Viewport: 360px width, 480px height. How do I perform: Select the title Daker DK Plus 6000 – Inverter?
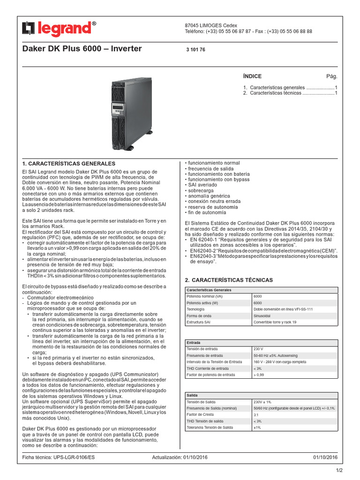[x=82, y=49]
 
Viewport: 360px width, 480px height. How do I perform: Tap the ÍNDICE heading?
[x=252, y=76]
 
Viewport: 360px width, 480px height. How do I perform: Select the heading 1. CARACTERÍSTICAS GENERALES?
[x=69, y=164]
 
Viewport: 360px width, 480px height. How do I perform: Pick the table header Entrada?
[x=194, y=343]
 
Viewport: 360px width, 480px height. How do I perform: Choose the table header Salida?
[x=192, y=396]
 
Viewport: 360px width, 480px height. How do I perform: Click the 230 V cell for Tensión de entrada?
[x=258, y=349]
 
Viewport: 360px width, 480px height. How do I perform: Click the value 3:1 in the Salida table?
[x=256, y=415]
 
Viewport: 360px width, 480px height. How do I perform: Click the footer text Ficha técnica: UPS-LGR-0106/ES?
[x=59, y=457]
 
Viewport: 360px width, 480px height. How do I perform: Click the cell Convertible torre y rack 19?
[x=275, y=322]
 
